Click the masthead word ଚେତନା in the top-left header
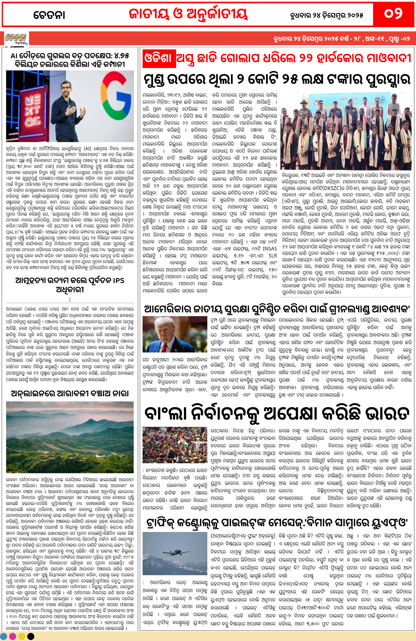[49, 15]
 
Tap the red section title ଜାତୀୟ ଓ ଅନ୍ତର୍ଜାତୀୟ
[188, 14]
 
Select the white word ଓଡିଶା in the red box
[158, 58]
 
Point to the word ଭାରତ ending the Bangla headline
[387, 414]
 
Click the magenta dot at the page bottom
[13, 636]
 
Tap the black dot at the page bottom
[31, 636]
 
